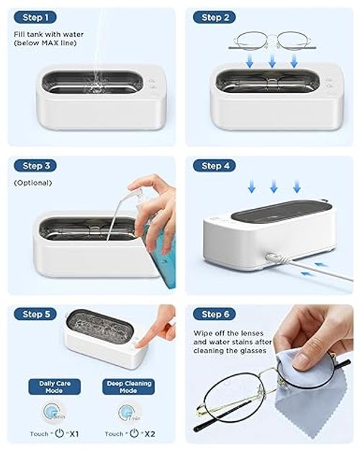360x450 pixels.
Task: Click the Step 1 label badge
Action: click(34, 17)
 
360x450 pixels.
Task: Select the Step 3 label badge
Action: click(34, 166)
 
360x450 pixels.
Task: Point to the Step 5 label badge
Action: click(34, 314)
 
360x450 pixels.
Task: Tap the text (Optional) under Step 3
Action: click(33, 183)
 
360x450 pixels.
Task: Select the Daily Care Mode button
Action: click(54, 386)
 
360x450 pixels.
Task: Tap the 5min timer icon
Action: click(54, 413)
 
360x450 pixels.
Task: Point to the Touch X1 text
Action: click(54, 433)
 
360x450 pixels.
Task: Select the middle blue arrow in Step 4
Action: click(274, 187)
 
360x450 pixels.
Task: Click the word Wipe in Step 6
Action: click(204, 333)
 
